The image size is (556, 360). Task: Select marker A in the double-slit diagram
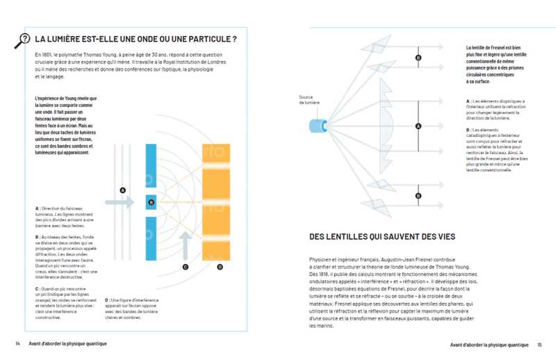point(122,190)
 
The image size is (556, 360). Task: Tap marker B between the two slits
point(151,202)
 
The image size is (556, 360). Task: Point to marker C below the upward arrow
point(186,266)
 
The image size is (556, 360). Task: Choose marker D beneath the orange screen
point(220,266)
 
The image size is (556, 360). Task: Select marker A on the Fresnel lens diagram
point(418,126)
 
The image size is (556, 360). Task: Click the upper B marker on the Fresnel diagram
point(418,58)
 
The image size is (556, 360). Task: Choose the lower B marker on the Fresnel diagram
point(418,197)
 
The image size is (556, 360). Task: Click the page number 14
point(17,343)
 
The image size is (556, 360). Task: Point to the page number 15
point(538,343)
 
